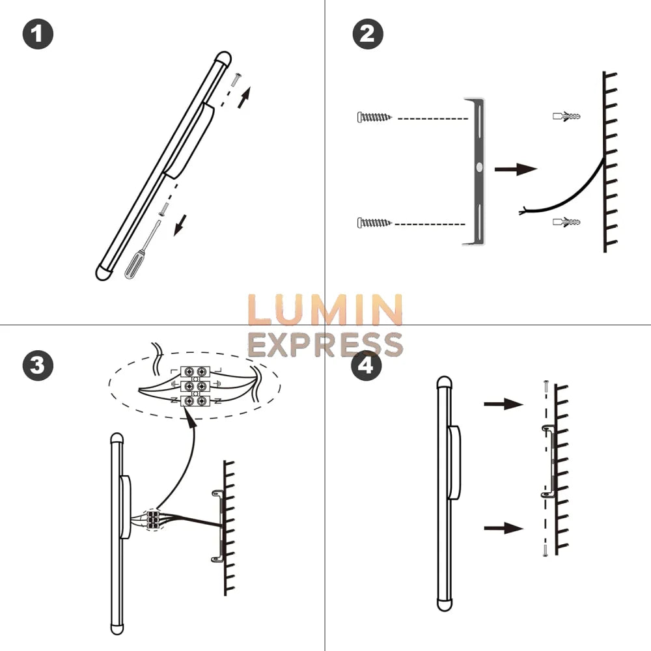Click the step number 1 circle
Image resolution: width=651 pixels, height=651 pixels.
tap(38, 34)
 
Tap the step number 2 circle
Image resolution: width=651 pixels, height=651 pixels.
tap(367, 34)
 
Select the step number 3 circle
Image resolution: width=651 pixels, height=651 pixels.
tap(38, 365)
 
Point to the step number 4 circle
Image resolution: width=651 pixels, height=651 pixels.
tap(366, 366)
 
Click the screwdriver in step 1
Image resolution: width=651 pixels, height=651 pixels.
tap(143, 250)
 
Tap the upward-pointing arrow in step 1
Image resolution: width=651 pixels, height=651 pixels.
tap(244, 97)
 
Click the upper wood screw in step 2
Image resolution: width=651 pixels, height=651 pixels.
tap(374, 117)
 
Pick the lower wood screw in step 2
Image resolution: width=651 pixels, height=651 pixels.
tap(374, 223)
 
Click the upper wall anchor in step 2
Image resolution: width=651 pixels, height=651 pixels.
tap(566, 116)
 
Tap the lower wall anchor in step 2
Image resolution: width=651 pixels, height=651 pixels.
tap(566, 222)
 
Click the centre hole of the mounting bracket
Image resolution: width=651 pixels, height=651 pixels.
tap(479, 168)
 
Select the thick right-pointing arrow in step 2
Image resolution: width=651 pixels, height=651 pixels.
tap(516, 169)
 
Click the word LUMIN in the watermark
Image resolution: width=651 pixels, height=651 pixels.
tap(325, 310)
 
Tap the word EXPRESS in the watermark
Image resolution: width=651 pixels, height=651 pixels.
tap(325, 345)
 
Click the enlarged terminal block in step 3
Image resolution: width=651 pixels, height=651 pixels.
tap(195, 386)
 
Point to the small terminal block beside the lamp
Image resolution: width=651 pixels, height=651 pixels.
tap(153, 519)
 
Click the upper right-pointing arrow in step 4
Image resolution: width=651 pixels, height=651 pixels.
tap(504, 403)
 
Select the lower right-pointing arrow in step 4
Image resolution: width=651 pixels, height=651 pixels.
tap(504, 528)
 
